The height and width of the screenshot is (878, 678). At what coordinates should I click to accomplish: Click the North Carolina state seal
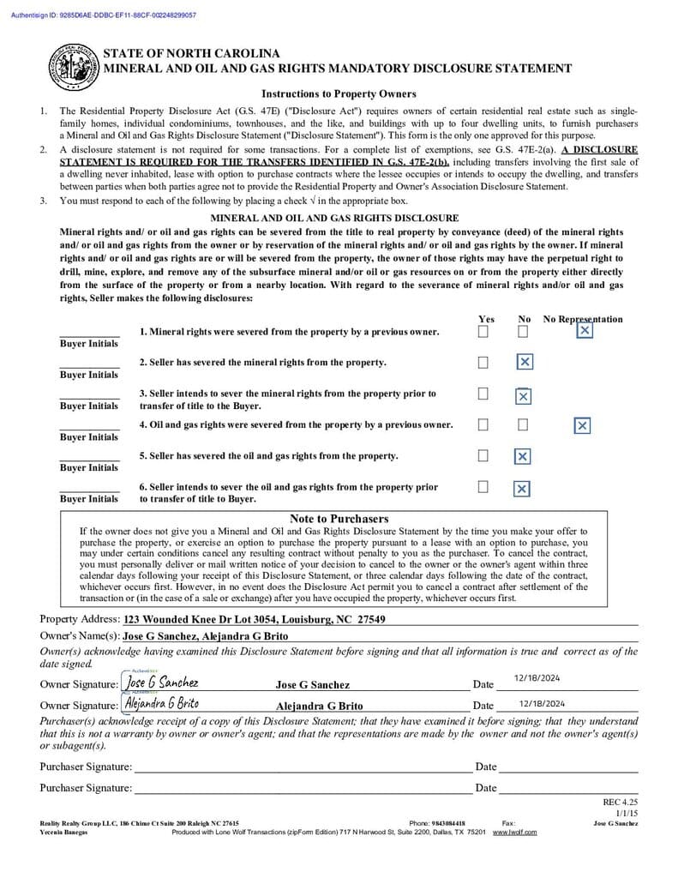point(72,66)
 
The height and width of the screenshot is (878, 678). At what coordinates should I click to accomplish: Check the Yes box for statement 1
point(483,331)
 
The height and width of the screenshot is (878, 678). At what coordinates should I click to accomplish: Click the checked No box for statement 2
point(525,363)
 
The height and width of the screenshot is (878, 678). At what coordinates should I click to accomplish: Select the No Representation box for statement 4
point(582,425)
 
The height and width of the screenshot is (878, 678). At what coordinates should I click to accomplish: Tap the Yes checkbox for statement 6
point(483,487)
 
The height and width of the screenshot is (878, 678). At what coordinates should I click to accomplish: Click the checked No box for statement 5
point(522,456)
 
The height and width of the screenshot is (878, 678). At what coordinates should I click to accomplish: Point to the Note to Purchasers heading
point(339,519)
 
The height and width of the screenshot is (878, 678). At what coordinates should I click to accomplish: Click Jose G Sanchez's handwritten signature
point(162,683)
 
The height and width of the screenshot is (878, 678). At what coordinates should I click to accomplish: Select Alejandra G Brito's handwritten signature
point(162,704)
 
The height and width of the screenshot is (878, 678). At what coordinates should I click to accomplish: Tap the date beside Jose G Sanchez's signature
point(537,678)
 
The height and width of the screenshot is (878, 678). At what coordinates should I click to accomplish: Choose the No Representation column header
point(583,319)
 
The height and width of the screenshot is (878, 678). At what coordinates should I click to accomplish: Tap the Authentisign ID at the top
point(104,15)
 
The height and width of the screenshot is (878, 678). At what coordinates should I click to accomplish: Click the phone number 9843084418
point(448,823)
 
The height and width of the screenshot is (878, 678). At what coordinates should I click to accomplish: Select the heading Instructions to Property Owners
point(339,94)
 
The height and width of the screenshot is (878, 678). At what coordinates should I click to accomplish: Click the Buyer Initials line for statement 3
point(89,396)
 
